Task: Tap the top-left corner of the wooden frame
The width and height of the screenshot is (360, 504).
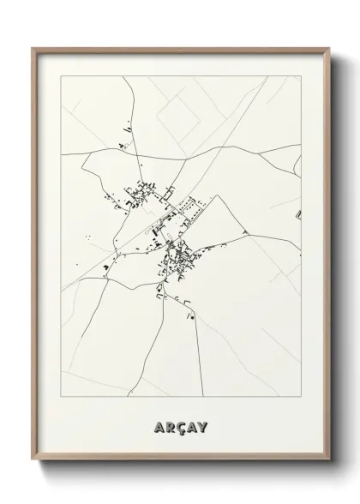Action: [33, 49]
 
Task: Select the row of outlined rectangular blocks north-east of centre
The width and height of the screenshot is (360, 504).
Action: [190, 206]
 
